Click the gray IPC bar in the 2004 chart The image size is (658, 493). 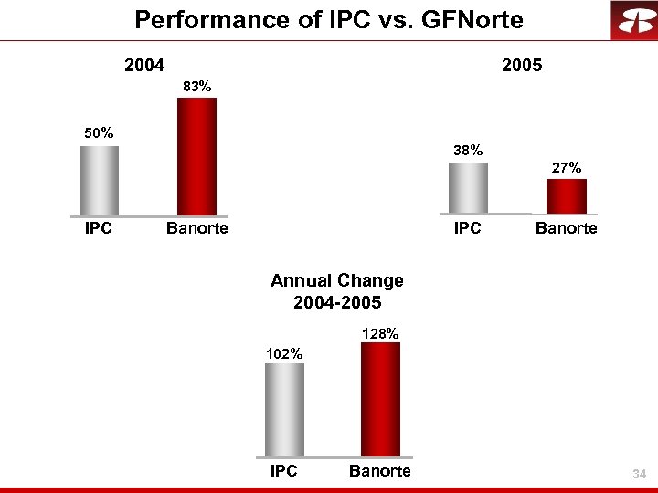click(99, 181)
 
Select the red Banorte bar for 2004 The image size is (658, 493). click(196, 156)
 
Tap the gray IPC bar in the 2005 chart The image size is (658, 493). click(468, 188)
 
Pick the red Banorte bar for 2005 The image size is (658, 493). click(566, 196)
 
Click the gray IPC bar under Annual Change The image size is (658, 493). click(284, 410)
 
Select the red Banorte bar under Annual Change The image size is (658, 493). click(380, 399)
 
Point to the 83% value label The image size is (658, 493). click(196, 86)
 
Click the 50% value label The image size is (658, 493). click(99, 133)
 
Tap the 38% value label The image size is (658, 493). click(468, 150)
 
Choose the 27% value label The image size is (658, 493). click(566, 167)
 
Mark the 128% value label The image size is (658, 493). click(380, 334)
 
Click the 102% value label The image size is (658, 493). click(284, 352)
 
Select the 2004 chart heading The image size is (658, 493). click(144, 66)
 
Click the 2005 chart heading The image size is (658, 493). click(522, 66)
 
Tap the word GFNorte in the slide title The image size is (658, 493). click(469, 19)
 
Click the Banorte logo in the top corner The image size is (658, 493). click(633, 20)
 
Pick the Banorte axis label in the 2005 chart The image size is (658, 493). click(566, 228)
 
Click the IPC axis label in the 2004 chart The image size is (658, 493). click(99, 228)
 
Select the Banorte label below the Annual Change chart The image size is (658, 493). click(380, 471)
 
